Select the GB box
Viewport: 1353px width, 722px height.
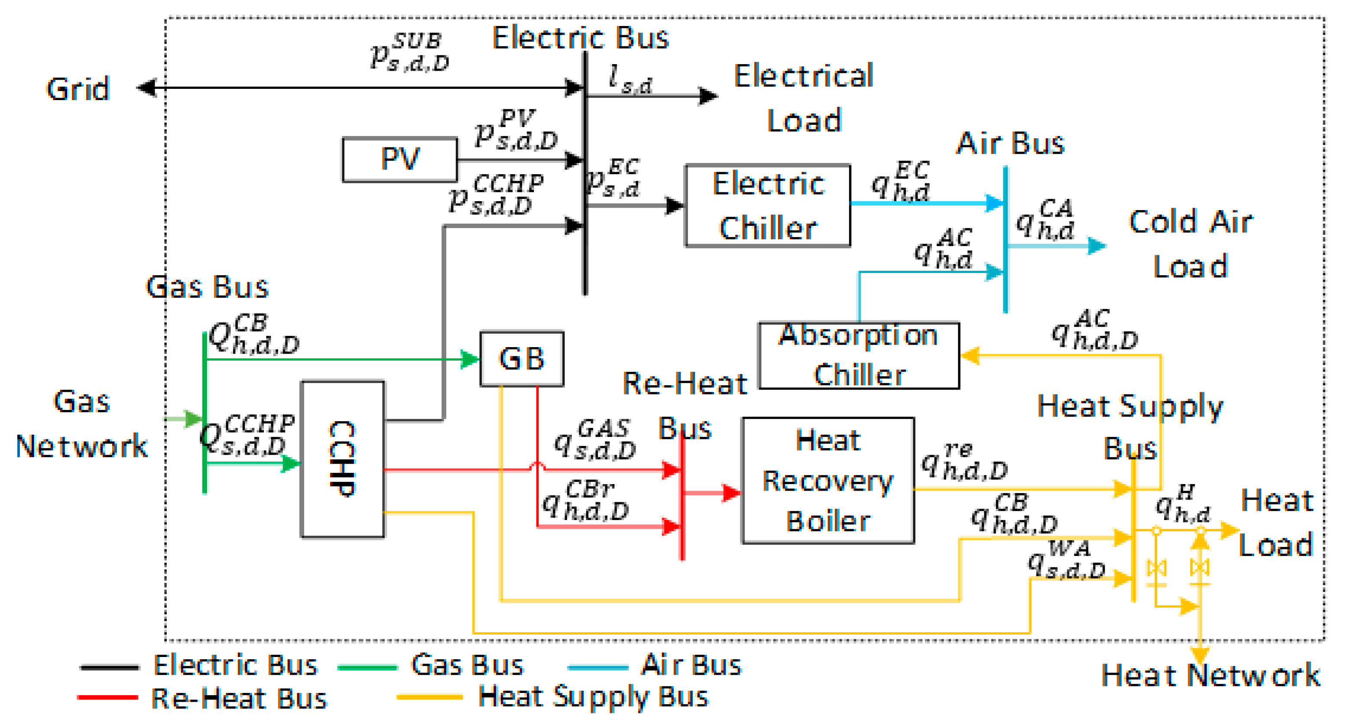[x=522, y=359]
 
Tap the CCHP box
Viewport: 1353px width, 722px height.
[x=342, y=459]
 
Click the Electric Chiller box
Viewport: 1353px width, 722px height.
[x=767, y=205]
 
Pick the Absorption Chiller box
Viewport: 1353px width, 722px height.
[x=859, y=355]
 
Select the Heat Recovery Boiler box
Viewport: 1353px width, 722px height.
[x=828, y=480]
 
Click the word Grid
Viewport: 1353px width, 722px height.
[x=78, y=89]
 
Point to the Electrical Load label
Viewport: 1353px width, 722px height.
[x=804, y=98]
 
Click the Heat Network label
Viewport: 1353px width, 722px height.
[x=1210, y=675]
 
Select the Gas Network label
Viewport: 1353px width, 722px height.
[x=82, y=423]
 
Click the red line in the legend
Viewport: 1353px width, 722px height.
[x=108, y=698]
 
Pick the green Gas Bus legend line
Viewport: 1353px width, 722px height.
[x=367, y=667]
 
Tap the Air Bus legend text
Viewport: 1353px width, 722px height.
[x=691, y=665]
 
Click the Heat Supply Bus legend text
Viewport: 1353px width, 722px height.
[x=593, y=697]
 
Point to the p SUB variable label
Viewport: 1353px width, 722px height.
[x=410, y=52]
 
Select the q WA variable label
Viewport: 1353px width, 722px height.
[x=1066, y=559]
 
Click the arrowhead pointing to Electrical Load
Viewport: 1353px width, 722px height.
[x=708, y=96]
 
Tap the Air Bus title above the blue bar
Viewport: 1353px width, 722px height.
[x=1009, y=143]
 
